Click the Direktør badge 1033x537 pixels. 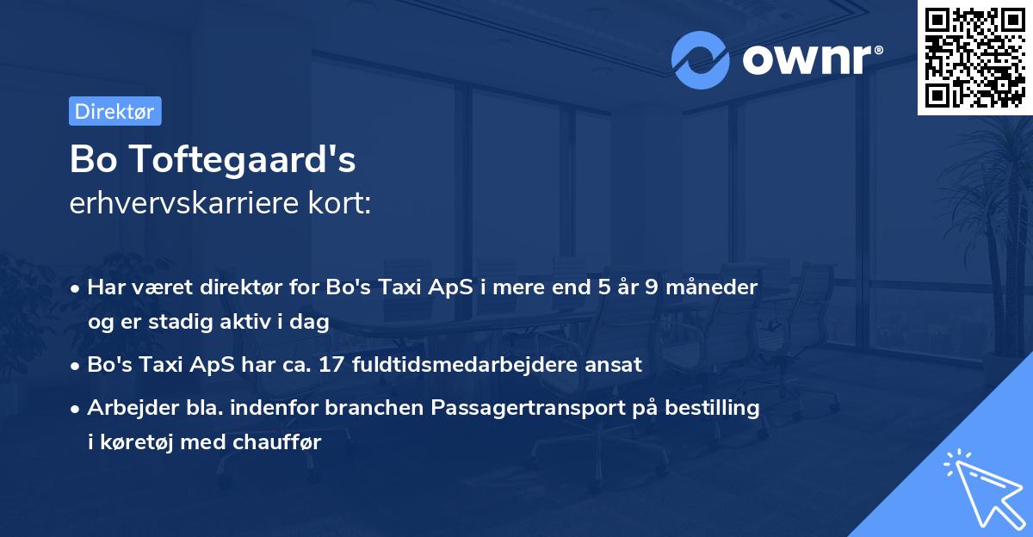pos(114,111)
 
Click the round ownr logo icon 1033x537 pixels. pos(701,59)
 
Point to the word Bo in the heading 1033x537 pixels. pos(90,159)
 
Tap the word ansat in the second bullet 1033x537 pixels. pos(615,364)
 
